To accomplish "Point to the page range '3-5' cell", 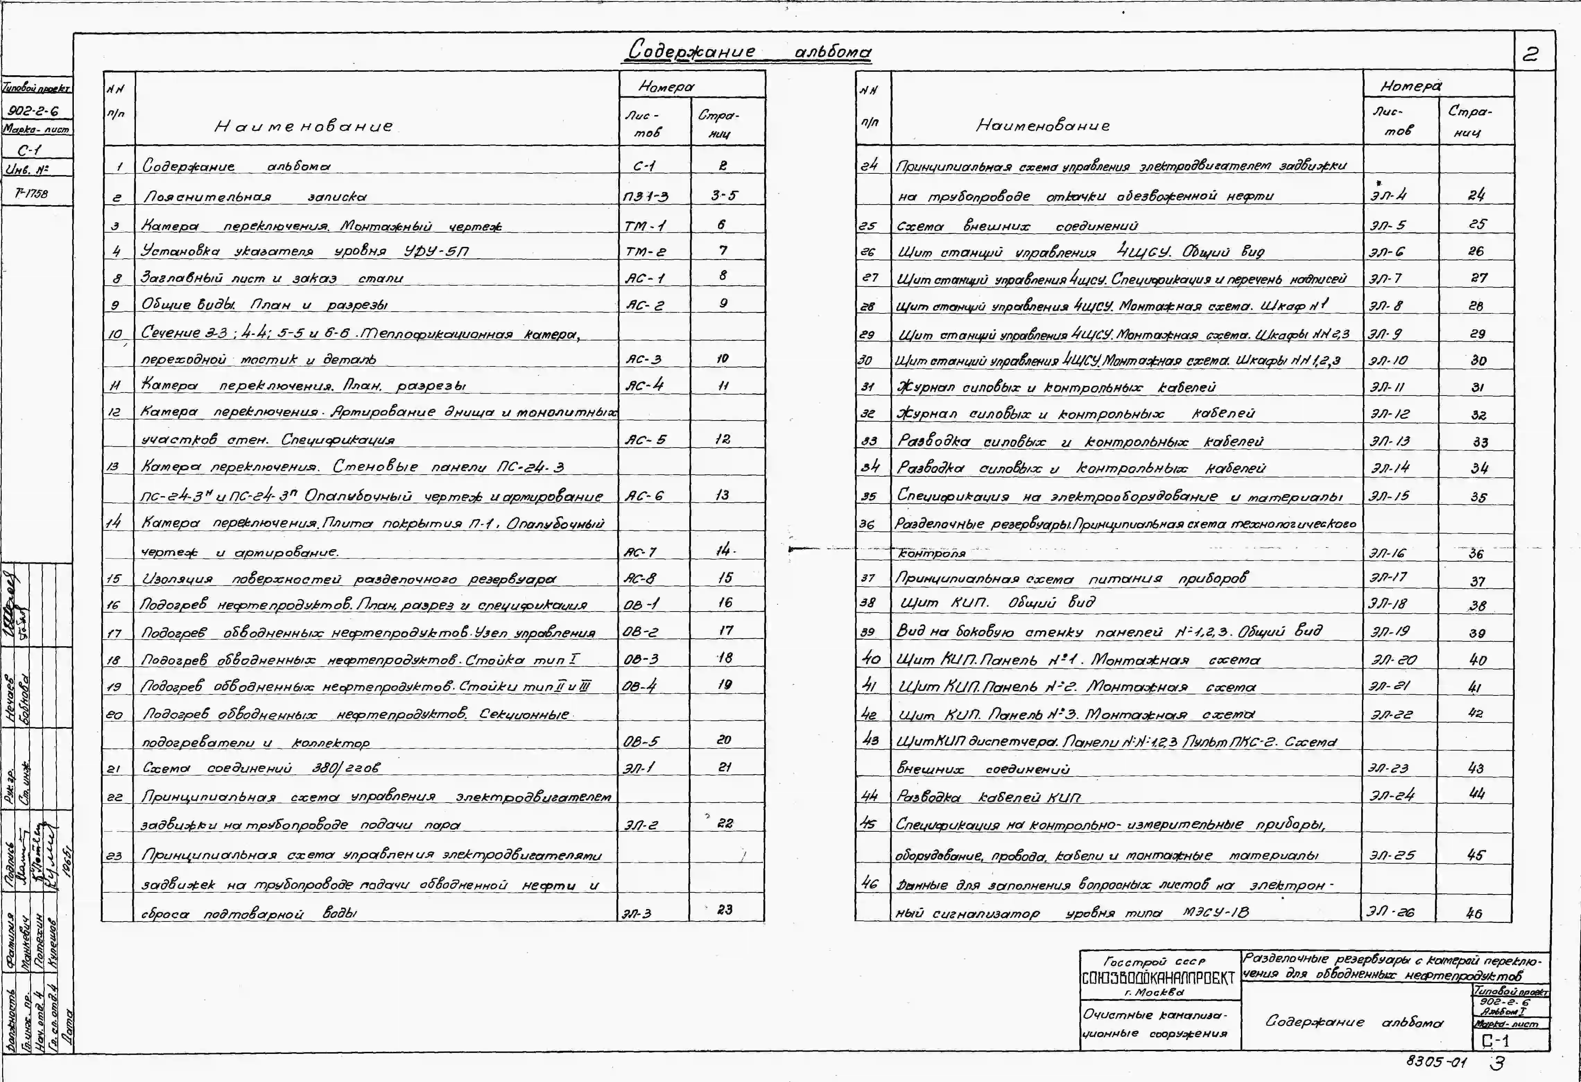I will click(x=724, y=196).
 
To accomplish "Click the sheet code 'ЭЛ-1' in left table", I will click(x=638, y=768).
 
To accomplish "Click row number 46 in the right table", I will click(x=870, y=883).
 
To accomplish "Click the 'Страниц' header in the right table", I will click(x=1469, y=121).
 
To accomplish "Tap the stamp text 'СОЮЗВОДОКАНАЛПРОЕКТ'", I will click(x=1158, y=979).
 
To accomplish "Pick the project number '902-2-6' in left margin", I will click(x=33, y=111).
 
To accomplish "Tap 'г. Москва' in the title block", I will click(x=1155, y=992).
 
